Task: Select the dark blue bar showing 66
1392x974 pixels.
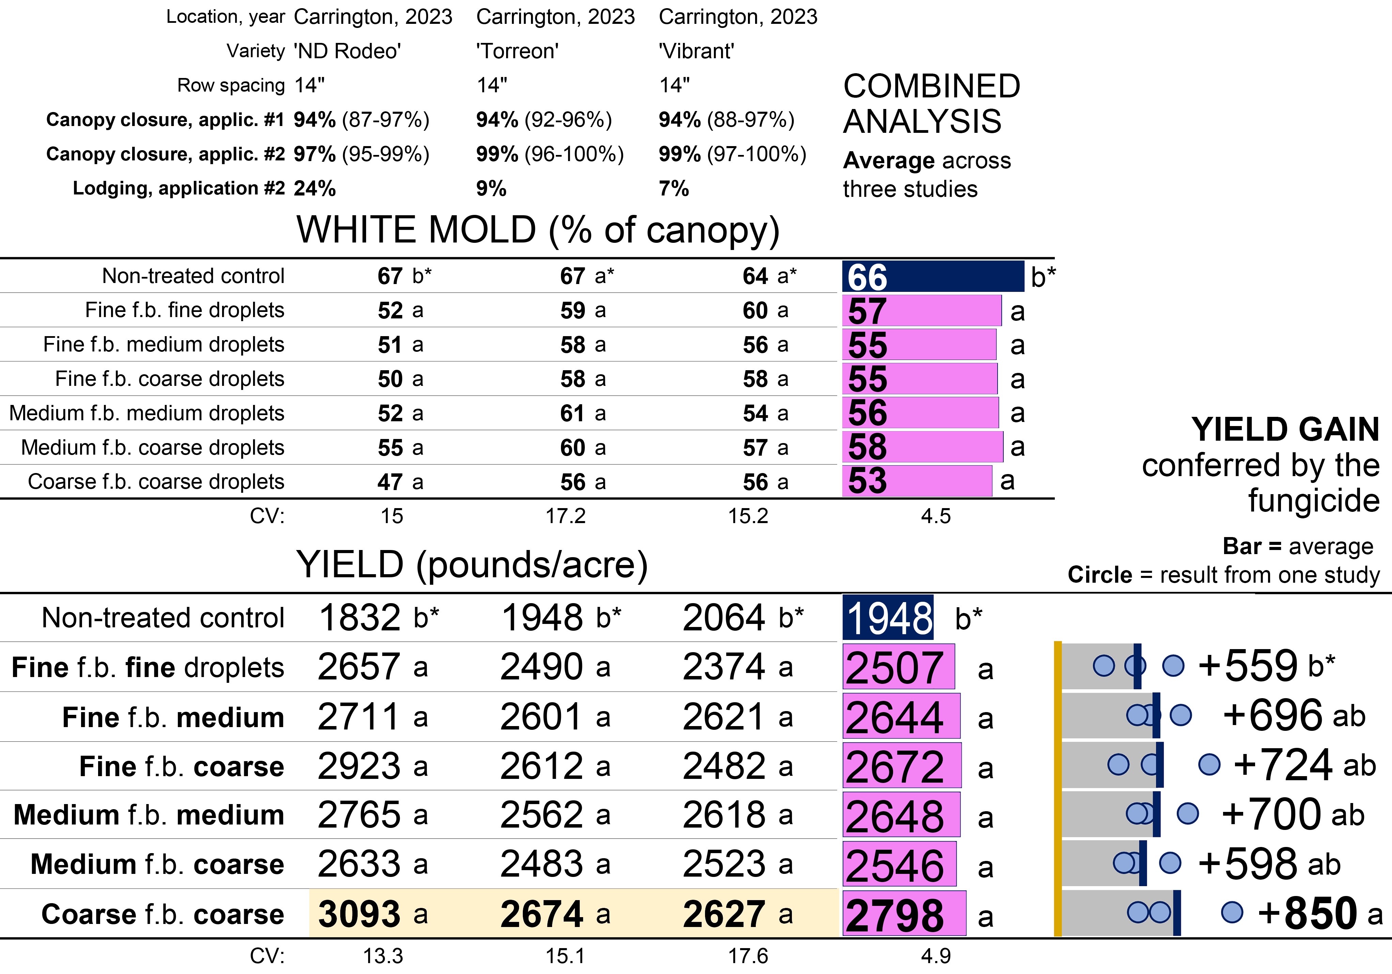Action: (933, 277)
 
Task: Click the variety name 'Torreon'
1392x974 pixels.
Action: (517, 51)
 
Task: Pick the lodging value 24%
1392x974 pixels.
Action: (315, 188)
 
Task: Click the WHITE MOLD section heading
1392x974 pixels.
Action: (537, 230)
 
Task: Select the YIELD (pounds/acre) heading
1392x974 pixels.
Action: (472, 565)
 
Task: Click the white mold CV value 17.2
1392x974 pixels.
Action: (565, 516)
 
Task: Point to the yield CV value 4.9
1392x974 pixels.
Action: (936, 956)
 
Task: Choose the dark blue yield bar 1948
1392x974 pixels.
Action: (888, 618)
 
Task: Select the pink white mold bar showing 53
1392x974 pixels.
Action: (917, 481)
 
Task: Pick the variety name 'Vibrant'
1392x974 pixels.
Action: (696, 51)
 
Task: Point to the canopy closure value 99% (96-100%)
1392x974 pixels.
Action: (549, 154)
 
